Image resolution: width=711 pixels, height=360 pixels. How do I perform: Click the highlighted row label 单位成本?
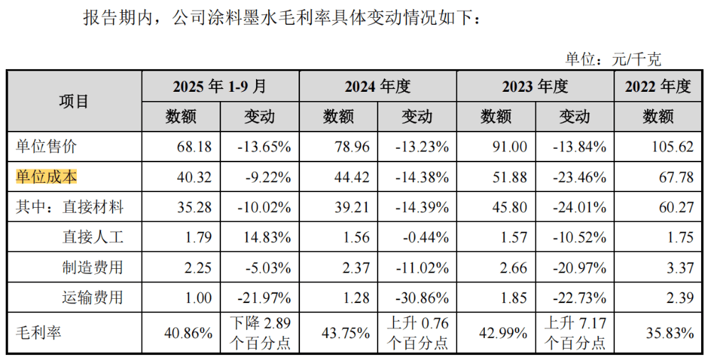46,176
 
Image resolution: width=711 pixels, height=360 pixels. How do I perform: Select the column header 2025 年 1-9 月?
220,86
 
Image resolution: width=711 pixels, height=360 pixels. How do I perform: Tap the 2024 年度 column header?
378,86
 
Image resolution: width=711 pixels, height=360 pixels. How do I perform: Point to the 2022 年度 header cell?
658,86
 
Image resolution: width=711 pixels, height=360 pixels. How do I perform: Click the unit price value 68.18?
194,147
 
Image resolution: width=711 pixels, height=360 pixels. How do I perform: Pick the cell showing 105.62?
673,147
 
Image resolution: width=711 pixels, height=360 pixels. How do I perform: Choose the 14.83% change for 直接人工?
267,238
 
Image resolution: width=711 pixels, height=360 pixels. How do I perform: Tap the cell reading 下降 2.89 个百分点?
260,333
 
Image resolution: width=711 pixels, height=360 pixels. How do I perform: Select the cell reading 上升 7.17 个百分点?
575,333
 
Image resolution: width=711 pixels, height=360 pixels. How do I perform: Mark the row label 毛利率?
38,333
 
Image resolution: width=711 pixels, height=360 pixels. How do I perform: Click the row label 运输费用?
92,297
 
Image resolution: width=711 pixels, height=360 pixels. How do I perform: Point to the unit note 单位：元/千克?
613,59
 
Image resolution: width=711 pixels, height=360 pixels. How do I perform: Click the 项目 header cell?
73,101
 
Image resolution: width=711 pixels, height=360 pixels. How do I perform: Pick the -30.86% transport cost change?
422,298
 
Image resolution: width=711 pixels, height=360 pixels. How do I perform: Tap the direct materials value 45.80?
509,208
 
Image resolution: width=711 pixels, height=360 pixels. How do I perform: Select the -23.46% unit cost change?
579,177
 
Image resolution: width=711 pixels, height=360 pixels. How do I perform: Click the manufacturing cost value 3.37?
680,268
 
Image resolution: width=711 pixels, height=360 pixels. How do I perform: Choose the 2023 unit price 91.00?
509,147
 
